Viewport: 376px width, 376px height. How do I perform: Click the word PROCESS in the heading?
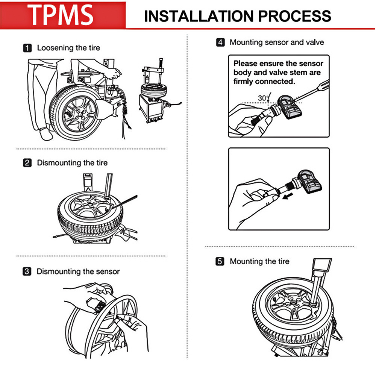(x=299, y=16)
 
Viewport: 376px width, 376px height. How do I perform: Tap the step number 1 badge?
(x=27, y=48)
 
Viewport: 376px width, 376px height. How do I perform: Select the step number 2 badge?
(x=27, y=163)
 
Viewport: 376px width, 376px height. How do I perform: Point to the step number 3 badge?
(x=27, y=271)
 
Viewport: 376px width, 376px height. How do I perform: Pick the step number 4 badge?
(x=220, y=42)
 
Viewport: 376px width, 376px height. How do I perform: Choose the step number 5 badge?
(x=220, y=261)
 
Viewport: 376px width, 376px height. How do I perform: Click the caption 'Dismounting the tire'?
(x=72, y=163)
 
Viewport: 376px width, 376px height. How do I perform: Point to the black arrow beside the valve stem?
(x=288, y=196)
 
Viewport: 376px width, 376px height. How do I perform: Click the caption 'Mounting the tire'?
(x=259, y=261)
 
